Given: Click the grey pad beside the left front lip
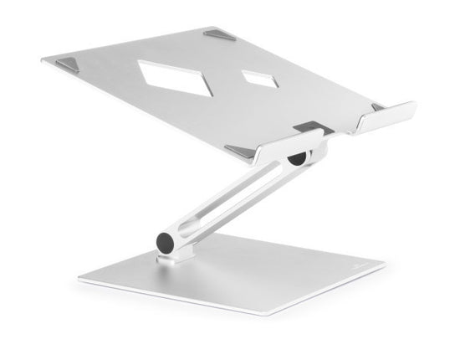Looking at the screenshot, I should click(241, 152).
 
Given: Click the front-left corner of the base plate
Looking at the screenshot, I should click(80, 279).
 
